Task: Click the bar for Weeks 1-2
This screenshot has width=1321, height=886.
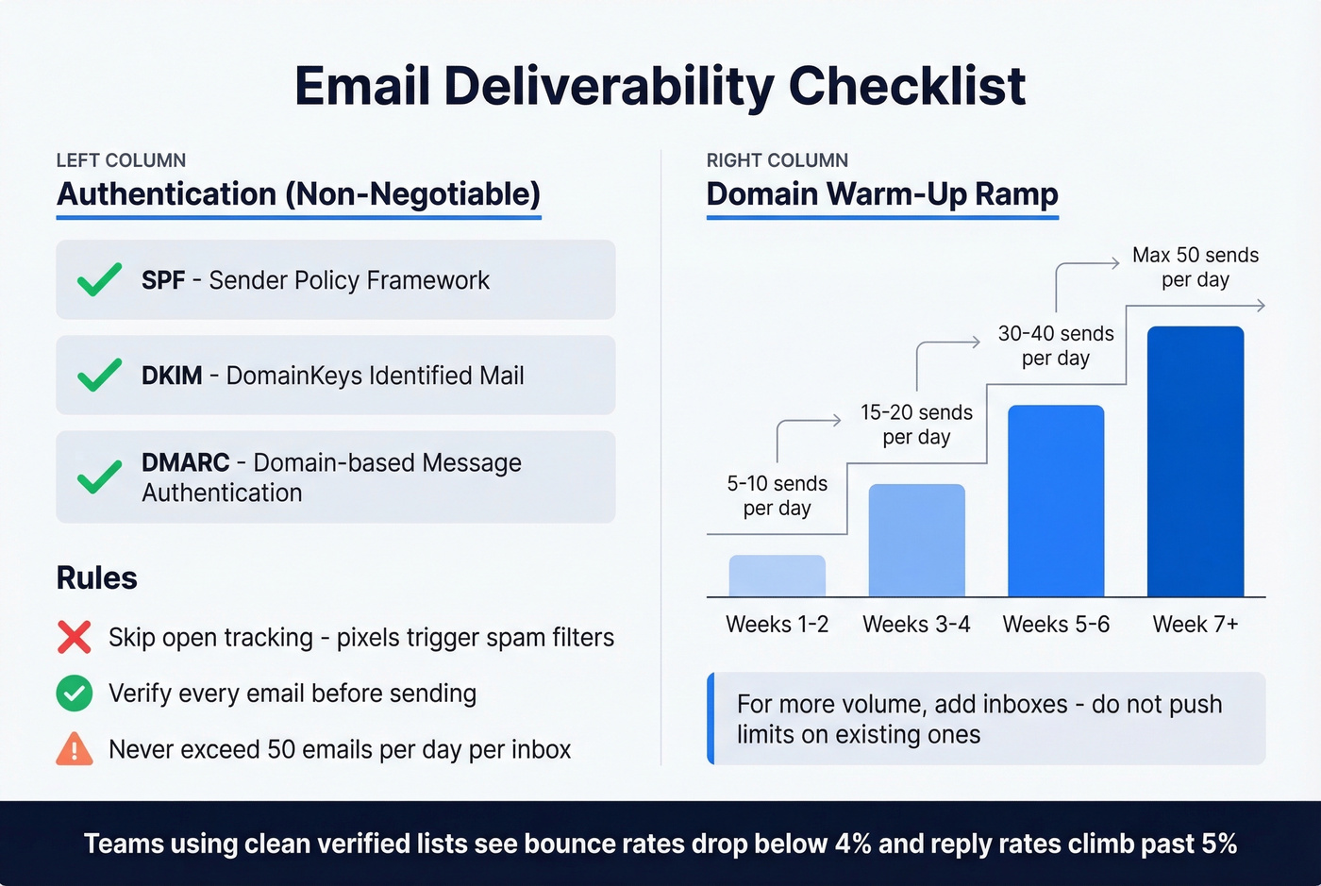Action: coord(777,576)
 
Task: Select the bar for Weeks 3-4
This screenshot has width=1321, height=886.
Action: coord(916,541)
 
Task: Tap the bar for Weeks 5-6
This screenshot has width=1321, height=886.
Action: coord(1056,501)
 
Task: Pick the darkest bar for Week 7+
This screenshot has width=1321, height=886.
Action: coord(1196,461)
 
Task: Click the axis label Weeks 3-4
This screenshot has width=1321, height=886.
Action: coord(916,625)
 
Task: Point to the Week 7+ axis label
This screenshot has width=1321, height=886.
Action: coord(1196,625)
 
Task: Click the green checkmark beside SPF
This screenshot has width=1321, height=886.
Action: coord(99,279)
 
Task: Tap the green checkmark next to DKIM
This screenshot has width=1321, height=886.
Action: coord(99,375)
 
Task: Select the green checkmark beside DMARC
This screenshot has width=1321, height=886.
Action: coord(99,477)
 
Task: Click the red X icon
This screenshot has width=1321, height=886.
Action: coord(75,638)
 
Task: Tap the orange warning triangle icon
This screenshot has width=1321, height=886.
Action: coord(75,749)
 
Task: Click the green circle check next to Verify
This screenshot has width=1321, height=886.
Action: coord(75,694)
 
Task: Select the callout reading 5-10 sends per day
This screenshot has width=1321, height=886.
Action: coord(777,496)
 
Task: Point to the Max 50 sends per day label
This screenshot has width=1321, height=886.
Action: coord(1196,267)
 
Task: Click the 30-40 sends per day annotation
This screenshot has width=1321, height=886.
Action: coord(1056,346)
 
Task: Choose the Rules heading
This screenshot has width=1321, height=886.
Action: coord(97,578)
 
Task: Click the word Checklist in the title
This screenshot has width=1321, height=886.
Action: coord(907,87)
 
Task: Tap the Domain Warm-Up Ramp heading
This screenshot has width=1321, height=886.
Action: coord(882,194)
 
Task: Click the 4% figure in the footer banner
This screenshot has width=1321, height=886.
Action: coord(853,844)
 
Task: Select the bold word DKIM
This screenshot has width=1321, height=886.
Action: coord(172,376)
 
